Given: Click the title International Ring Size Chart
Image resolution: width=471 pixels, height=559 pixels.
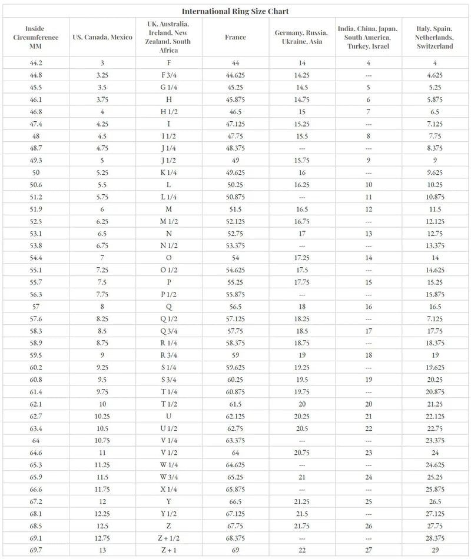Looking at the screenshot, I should coord(235,11).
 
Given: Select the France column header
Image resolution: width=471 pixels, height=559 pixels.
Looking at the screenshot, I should coord(235,38).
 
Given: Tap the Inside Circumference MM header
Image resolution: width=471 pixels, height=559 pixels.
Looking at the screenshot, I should coord(35,38).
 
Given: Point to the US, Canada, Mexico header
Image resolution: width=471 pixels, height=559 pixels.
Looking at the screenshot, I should coord(102,38).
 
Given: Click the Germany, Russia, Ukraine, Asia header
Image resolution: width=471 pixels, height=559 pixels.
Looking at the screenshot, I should coord(302,38).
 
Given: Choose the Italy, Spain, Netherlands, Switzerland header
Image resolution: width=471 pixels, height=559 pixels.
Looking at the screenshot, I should coord(435,38).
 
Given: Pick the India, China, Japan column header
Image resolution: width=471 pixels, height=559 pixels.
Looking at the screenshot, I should coord(369,38).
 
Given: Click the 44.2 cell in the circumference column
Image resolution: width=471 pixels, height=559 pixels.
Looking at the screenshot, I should coord(35,63).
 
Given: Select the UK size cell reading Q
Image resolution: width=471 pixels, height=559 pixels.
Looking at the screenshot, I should coord(169,307).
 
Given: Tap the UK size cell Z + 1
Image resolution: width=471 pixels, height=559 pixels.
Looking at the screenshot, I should coord(169,550).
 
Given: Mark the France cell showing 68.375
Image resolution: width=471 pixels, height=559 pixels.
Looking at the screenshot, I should coord(235,537).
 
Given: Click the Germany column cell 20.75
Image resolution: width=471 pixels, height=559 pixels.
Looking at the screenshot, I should coord(302,452).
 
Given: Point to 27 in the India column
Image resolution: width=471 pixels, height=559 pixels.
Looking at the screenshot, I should coord(369,550).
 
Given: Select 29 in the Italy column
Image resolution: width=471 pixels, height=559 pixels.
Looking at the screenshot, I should coord(435,550).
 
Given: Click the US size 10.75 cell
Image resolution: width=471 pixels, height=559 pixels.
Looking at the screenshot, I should coord(102,440).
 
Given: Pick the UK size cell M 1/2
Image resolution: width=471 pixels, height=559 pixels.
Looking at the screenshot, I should coord(169,221).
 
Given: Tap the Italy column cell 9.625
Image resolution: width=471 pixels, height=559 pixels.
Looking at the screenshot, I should coord(435,172).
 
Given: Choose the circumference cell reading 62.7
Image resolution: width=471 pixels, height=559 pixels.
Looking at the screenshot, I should coord(35,416).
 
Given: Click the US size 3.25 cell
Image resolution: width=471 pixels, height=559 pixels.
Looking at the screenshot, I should coord(102,75).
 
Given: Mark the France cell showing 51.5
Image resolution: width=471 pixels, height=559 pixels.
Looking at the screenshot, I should coord(235,209).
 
